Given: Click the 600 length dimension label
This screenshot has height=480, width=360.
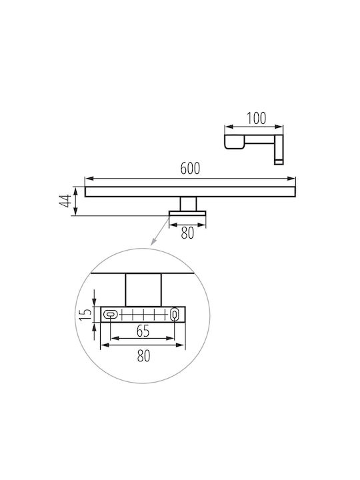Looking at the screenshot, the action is click(190, 169).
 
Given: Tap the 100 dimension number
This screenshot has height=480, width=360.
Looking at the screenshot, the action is click(257, 119).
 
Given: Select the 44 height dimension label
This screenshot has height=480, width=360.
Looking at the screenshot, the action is click(65, 201).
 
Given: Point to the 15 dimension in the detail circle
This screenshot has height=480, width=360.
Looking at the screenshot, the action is click(86, 314).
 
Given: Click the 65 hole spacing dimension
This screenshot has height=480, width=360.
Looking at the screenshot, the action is click(143, 331).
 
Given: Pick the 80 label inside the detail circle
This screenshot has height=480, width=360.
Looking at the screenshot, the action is click(143, 356).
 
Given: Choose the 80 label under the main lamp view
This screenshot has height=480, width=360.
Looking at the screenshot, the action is click(187, 233).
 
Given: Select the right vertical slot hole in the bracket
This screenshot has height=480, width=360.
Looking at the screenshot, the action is click(175, 315).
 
